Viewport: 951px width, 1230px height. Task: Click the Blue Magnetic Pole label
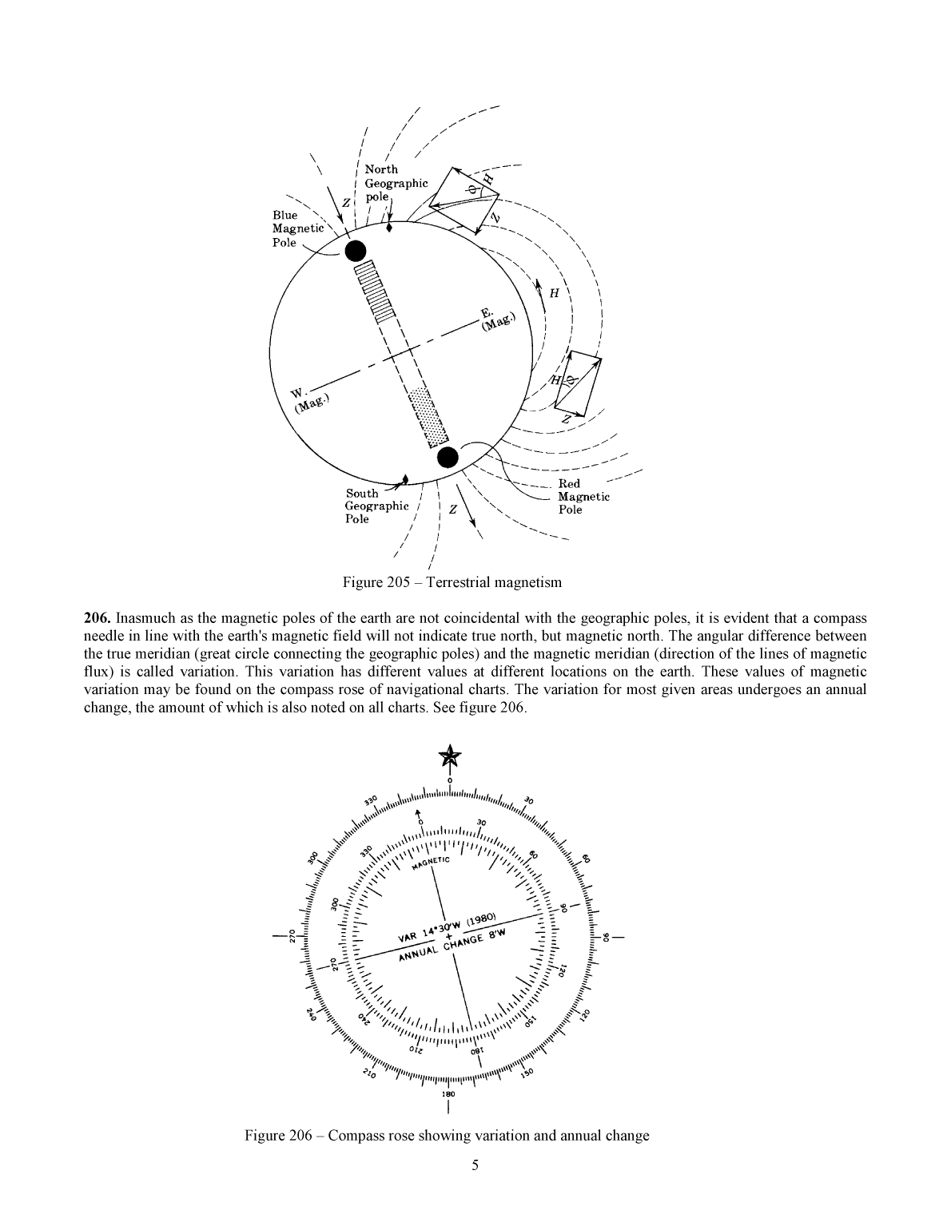pyautogui.click(x=297, y=228)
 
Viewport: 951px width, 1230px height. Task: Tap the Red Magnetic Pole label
pyautogui.click(x=583, y=496)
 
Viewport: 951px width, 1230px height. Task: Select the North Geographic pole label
pyautogui.click(x=395, y=183)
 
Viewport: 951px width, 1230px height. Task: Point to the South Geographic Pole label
pyautogui.click(x=376, y=506)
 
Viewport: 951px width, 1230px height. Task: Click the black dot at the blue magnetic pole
pyautogui.click(x=355, y=251)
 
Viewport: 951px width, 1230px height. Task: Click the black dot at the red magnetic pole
pyautogui.click(x=448, y=457)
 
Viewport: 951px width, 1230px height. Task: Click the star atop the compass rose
pyautogui.click(x=450, y=756)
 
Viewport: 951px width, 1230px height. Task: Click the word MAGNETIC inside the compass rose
pyautogui.click(x=432, y=863)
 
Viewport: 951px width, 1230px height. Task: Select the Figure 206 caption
pyautogui.click(x=447, y=1135)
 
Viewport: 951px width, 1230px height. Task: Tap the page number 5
pyautogui.click(x=475, y=1165)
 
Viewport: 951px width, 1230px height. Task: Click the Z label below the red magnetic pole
pyautogui.click(x=453, y=509)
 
